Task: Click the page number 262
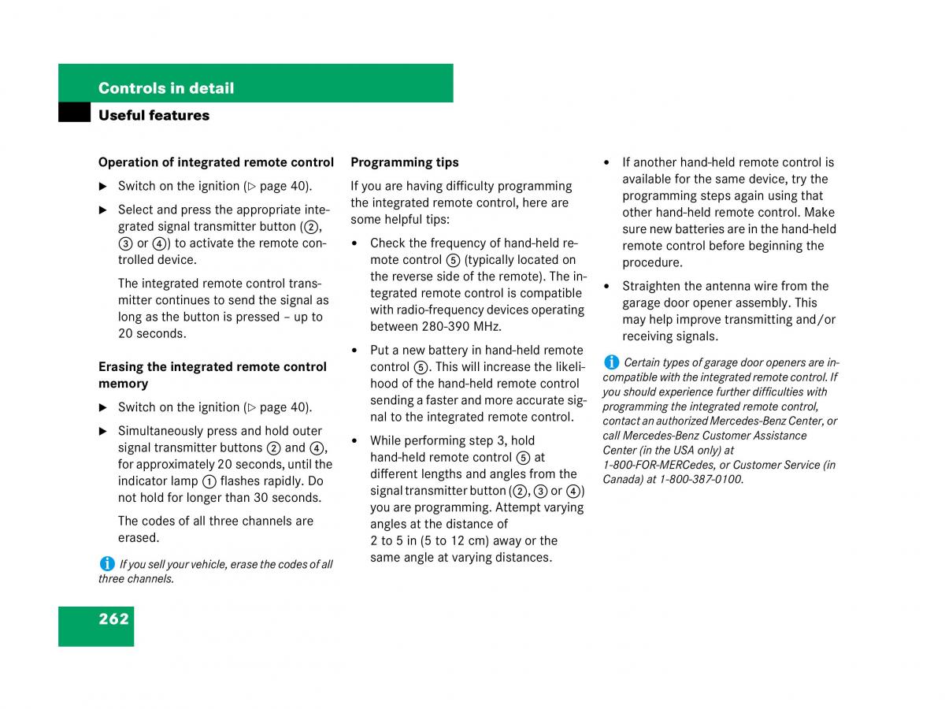click(113, 619)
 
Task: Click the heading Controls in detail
click(166, 88)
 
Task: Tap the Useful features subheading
click(154, 115)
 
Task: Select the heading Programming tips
click(405, 162)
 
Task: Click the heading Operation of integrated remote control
click(216, 162)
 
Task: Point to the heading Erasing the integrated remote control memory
click(213, 375)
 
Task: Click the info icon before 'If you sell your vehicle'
click(106, 563)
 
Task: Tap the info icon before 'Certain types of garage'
click(611, 362)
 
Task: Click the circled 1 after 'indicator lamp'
click(209, 481)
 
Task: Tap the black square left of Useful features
click(74, 113)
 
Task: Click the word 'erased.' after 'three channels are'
click(139, 538)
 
